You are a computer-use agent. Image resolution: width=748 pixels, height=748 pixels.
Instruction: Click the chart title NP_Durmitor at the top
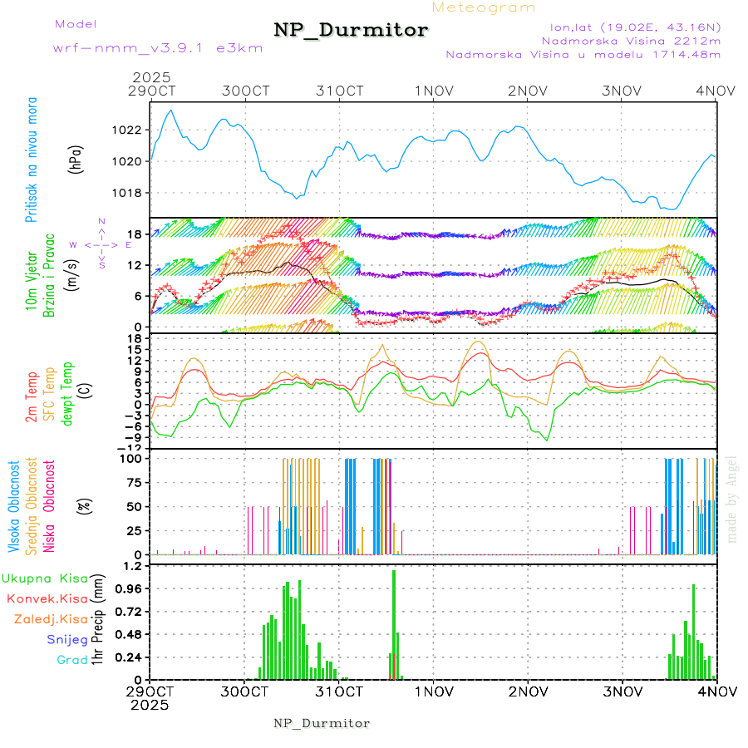point(351,31)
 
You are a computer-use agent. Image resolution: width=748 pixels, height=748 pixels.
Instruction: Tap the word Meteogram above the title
point(484,7)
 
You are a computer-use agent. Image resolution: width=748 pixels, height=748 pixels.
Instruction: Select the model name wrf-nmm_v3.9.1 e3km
point(157,48)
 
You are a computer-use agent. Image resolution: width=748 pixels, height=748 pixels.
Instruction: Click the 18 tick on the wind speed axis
point(135,234)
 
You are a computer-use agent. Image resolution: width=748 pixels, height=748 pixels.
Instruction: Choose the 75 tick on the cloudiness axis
point(134,481)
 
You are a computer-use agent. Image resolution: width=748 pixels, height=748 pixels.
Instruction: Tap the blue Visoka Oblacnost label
point(14,504)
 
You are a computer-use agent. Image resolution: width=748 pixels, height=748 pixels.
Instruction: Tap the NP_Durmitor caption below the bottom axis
point(322,723)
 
